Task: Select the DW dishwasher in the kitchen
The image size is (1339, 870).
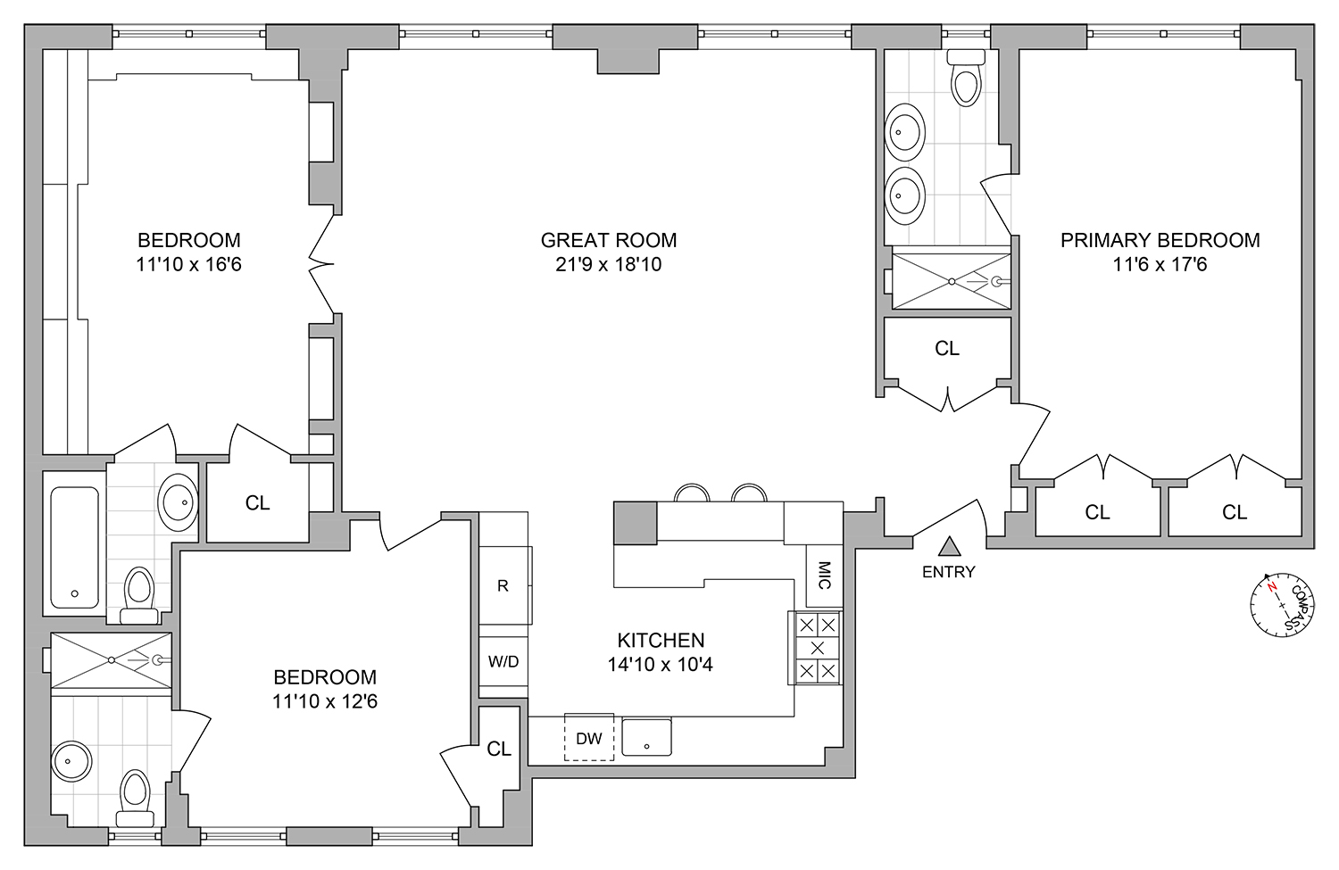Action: click(588, 738)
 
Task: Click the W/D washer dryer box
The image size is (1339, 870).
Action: click(503, 662)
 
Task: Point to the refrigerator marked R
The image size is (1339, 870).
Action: click(503, 586)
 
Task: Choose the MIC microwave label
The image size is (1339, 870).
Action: click(824, 575)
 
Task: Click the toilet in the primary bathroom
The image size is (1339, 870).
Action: click(965, 79)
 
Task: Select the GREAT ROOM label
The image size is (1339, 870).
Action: click(609, 240)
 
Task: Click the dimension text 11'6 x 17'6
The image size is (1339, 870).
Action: click(1160, 264)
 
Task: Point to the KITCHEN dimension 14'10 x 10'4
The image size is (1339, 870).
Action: click(661, 664)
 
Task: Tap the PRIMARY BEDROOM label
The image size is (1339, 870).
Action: click(1160, 240)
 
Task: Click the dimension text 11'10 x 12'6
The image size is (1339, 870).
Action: click(325, 701)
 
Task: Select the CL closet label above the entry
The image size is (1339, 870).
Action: click(947, 349)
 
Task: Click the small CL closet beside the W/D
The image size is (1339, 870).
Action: click(499, 749)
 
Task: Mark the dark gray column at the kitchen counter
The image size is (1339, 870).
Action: click(635, 522)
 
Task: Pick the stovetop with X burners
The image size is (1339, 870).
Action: click(817, 648)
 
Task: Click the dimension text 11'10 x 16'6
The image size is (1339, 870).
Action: click(188, 264)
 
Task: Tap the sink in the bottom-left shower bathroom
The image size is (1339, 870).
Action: click(71, 762)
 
